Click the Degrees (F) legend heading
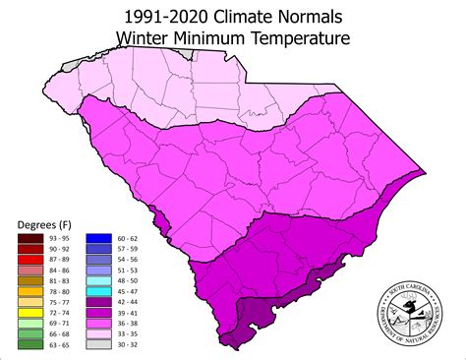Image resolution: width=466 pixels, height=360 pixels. [x=43, y=224]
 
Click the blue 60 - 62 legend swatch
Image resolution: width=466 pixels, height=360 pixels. [x=97, y=237]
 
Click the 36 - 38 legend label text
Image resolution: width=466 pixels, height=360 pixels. [x=127, y=324]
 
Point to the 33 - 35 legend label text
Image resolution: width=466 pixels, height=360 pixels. [x=127, y=334]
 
